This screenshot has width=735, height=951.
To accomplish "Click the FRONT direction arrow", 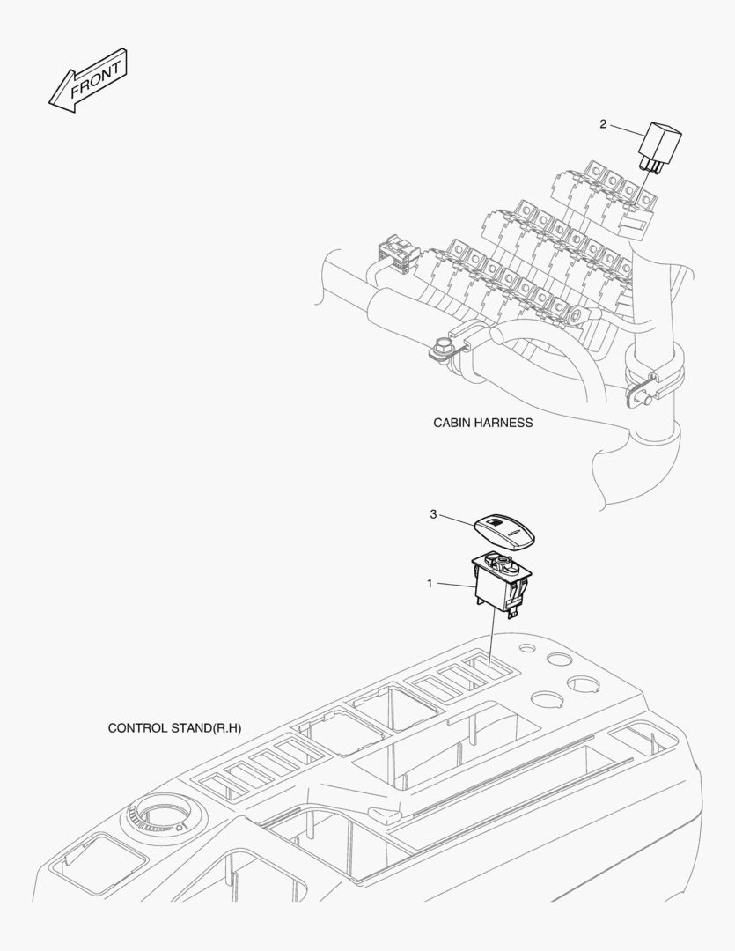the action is [x=88, y=80].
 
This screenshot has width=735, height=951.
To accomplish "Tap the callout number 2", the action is [x=603, y=124].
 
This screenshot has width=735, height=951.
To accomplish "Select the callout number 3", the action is [x=433, y=514].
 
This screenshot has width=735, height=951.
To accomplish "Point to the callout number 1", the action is [x=430, y=584].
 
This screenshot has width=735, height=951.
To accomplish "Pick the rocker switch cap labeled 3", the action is [x=504, y=532].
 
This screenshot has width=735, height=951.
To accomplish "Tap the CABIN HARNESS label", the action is [x=482, y=423].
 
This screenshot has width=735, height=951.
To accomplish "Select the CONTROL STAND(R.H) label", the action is [x=174, y=728].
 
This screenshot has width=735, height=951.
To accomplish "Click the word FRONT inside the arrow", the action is [x=96, y=79].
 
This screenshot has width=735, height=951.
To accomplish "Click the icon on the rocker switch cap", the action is [x=495, y=521].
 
